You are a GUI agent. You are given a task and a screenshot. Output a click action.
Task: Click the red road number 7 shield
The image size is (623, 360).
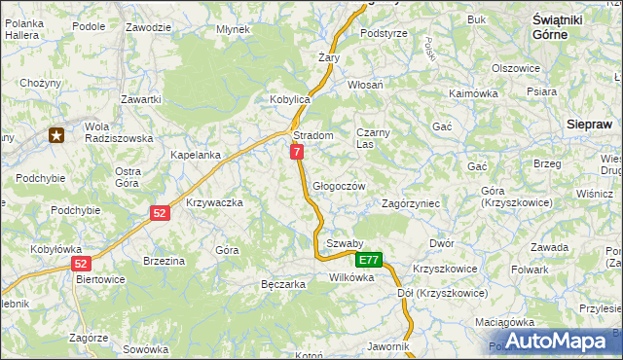coord(297,152)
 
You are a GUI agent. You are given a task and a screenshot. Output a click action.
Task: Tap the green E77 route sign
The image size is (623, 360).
coord(368,261)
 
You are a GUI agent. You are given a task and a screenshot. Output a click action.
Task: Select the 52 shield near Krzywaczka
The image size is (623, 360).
coord(160,212)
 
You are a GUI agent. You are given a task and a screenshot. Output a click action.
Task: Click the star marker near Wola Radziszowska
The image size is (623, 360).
coord(57,135)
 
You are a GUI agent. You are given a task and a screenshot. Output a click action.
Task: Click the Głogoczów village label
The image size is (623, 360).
coord(339,187)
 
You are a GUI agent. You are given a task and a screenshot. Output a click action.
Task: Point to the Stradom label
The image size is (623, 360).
coord(313,135)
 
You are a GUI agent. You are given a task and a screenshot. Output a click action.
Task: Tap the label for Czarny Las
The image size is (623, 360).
coord(373,137)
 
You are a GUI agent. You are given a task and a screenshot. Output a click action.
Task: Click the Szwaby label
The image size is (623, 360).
coord(345,243)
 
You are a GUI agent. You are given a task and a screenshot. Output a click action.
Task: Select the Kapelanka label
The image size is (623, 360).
coord(196,155)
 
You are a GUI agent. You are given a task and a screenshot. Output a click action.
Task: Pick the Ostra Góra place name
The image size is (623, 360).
coord(128,177)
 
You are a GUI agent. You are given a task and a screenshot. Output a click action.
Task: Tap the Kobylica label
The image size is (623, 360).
coord(289,100)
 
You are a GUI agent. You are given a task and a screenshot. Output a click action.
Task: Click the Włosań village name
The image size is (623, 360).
coord(365,86)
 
